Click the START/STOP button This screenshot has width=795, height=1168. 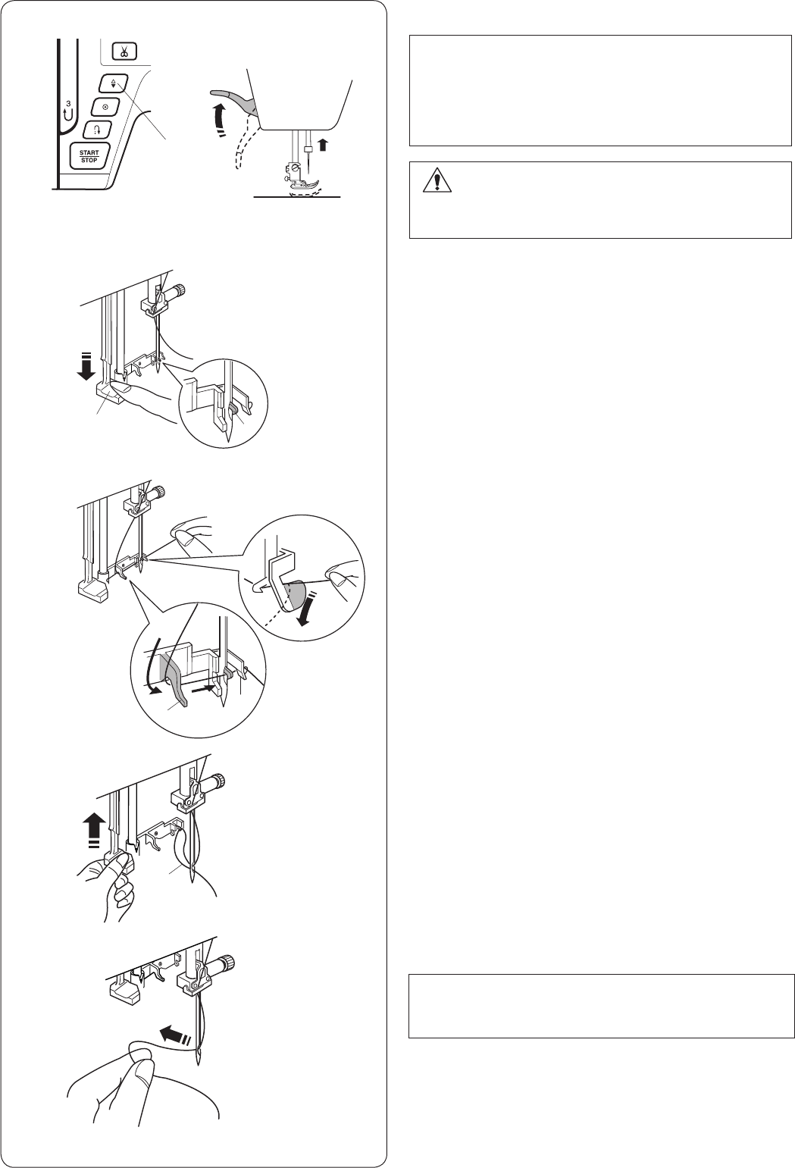click(89, 156)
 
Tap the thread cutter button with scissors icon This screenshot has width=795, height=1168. click(124, 52)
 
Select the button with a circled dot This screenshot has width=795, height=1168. click(106, 106)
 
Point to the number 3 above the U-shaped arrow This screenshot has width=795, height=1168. click(68, 103)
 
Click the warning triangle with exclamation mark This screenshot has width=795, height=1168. click(437, 180)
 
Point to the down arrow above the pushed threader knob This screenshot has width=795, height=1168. click(86, 365)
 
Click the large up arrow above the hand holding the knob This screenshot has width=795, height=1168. click(94, 834)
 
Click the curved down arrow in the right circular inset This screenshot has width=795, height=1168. click(302, 609)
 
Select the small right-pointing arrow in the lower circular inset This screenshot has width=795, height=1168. click(203, 688)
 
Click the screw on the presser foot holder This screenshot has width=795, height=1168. click(296, 168)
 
